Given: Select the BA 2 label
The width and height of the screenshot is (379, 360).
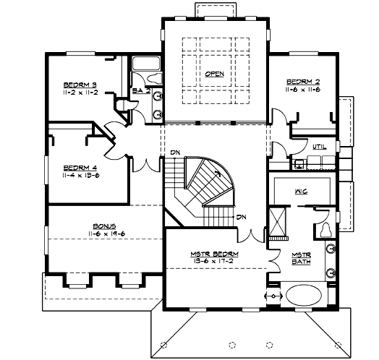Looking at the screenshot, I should (x=140, y=91).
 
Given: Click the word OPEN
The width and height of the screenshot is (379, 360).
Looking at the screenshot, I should (x=214, y=74).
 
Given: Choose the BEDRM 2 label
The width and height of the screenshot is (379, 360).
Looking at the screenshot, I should (x=302, y=81).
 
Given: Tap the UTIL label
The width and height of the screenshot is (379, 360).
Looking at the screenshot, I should (x=319, y=147).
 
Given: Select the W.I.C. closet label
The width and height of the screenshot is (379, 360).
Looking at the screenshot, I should (x=301, y=192).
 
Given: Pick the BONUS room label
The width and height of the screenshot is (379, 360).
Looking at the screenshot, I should (x=101, y=226).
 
